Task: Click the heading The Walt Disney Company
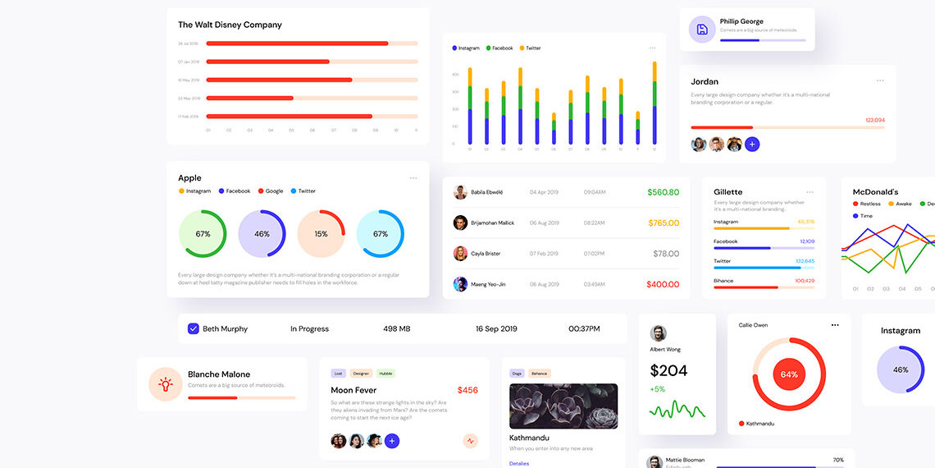coord(230,25)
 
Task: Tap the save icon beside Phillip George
coord(702,30)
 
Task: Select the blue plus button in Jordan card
coord(752,145)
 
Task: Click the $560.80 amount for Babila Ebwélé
coord(663,192)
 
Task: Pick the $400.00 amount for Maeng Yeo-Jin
coord(663,284)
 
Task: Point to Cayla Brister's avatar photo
coord(460,254)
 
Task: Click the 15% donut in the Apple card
coord(321,234)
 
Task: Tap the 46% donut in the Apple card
coord(262,234)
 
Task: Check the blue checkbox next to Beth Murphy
coord(194,328)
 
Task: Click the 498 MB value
coord(396,328)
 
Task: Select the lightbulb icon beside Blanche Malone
coord(166,383)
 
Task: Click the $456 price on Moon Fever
coord(467,390)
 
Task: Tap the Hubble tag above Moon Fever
coord(385,374)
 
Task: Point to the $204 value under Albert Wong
coord(668,370)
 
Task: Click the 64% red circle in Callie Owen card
coord(789,374)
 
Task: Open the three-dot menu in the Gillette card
coord(810,192)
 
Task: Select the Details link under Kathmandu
coord(519,463)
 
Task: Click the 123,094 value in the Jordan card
coord(875,120)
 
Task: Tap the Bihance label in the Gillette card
coord(724,281)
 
